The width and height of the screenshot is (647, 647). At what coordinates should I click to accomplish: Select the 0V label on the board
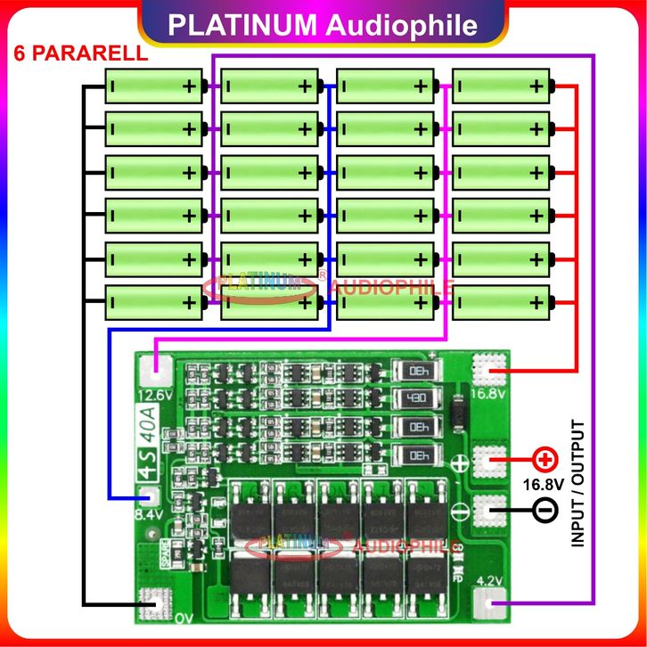click(x=183, y=617)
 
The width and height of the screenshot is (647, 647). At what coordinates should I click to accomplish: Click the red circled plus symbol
click(x=543, y=461)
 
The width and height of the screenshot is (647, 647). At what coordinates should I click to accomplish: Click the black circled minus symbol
click(x=544, y=512)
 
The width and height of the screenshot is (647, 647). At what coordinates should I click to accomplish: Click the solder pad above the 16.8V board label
click(x=490, y=366)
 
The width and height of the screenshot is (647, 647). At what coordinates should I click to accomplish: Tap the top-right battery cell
click(x=500, y=86)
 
